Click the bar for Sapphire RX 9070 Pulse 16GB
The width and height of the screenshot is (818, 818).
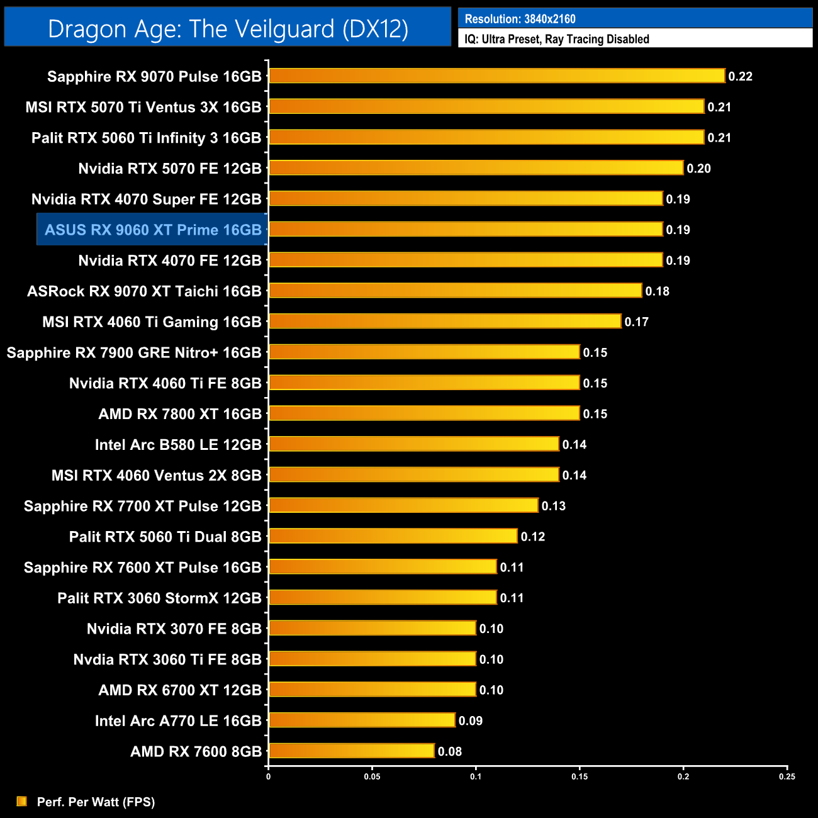pos(497,76)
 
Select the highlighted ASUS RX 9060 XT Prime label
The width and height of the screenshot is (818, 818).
pos(153,230)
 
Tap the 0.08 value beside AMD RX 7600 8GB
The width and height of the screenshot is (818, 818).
pos(450,751)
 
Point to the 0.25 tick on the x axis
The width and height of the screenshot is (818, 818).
pos(787,776)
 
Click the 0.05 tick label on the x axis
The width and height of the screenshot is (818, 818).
pos(372,776)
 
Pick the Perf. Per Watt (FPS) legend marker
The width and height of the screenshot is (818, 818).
pos(22,801)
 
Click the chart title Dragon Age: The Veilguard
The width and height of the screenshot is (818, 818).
pos(228,29)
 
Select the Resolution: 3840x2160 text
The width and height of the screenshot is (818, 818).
pos(520,19)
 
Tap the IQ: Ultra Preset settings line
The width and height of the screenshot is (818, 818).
pos(557,39)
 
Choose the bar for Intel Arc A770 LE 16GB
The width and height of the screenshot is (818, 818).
pos(362,720)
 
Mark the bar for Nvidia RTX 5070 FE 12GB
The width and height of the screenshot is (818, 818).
pos(476,168)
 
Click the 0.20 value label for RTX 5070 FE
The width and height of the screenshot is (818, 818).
pos(698,168)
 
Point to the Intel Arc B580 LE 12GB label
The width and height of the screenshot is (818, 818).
pos(178,445)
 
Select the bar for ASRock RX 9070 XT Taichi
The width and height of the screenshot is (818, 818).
pos(456,291)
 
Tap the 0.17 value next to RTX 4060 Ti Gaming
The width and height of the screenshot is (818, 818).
pos(636,322)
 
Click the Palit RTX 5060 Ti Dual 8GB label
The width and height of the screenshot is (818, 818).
pos(165,537)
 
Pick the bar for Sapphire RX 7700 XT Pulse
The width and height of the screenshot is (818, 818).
pos(403,506)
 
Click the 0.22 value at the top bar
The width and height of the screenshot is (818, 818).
pos(740,76)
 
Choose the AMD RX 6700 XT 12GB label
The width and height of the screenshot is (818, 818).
pos(180,690)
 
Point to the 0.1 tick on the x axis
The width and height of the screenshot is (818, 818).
pos(476,776)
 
